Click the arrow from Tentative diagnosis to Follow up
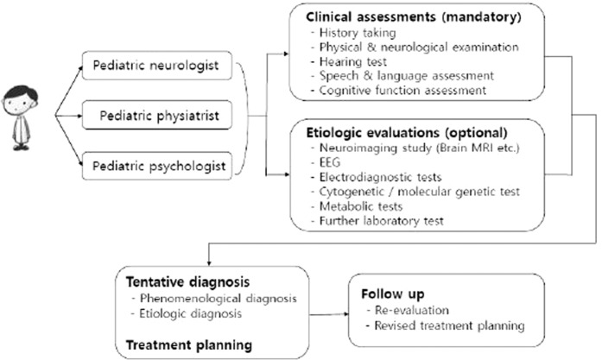[327, 315]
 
